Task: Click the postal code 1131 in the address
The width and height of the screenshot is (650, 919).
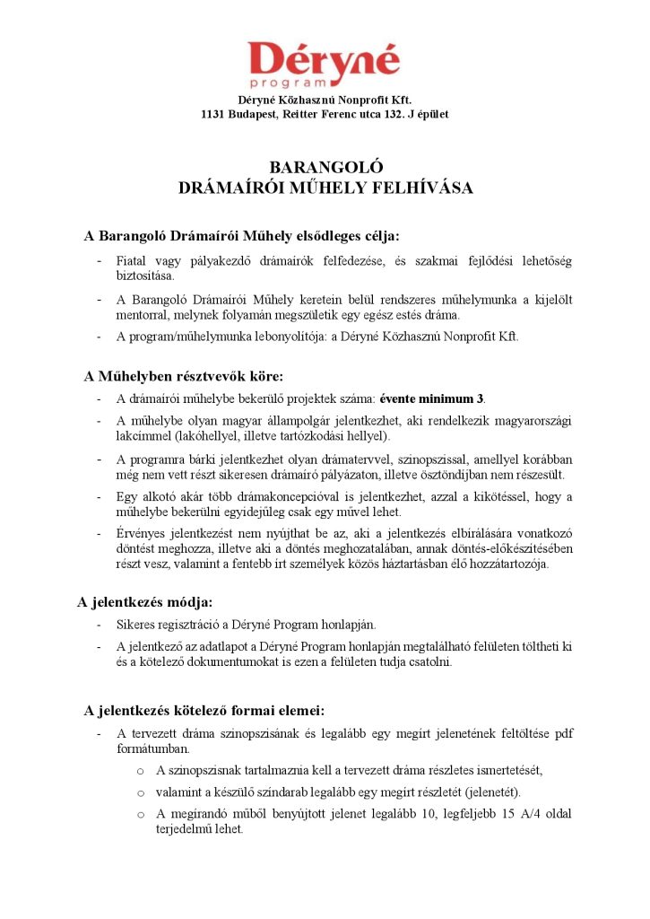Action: [214, 114]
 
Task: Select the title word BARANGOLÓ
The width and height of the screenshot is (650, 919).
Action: [325, 167]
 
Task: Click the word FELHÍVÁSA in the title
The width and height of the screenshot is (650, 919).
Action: [420, 188]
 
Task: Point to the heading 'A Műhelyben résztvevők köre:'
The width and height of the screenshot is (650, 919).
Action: [183, 376]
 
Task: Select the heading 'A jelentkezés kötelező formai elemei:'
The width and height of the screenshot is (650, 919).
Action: [198, 711]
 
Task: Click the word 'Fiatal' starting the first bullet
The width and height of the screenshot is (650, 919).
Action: [132, 260]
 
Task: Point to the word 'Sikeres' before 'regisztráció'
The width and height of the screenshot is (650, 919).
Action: [135, 624]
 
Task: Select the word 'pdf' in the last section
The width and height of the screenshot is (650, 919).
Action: [564, 733]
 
